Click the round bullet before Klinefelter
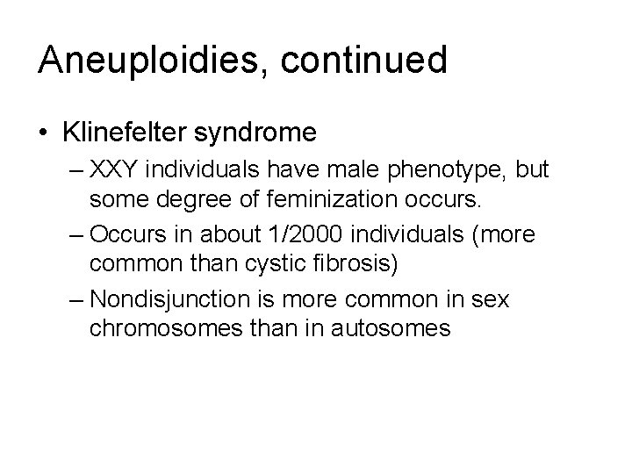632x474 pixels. [44, 133]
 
